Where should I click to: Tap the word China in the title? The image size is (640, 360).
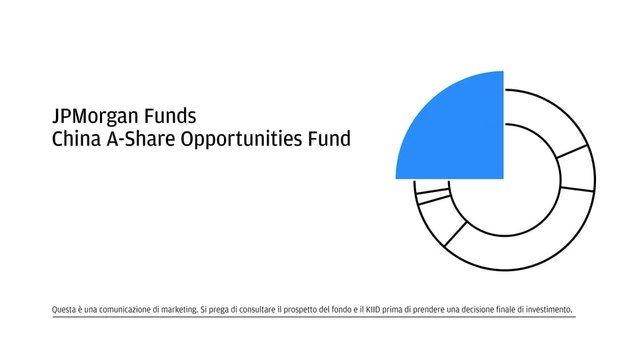[73, 139]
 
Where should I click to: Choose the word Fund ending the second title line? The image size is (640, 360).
[329, 139]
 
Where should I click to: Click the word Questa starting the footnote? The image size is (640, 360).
[65, 310]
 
